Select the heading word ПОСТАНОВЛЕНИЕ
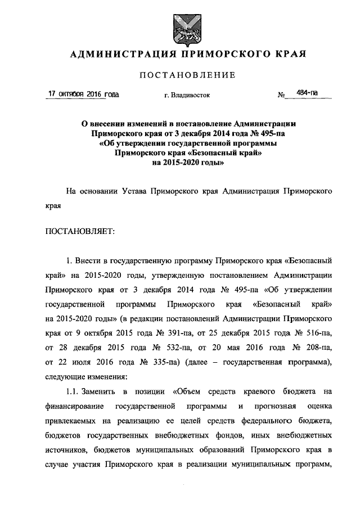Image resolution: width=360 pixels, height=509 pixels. pyautogui.click(x=188, y=75)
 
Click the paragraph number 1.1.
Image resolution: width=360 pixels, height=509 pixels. pyautogui.click(x=75, y=390)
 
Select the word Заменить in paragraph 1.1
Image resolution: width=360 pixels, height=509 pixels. pyautogui.click(x=104, y=390)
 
